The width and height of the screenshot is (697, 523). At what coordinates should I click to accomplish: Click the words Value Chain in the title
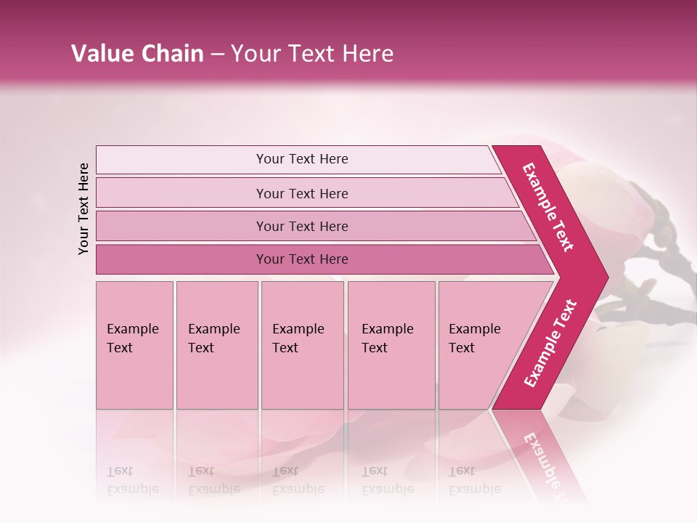coord(137,54)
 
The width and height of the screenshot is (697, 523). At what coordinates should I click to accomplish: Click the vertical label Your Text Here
coord(83,208)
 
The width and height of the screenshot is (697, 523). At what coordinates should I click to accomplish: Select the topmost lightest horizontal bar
coord(182,160)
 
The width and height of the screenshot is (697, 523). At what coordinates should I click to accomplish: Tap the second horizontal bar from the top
coord(182,193)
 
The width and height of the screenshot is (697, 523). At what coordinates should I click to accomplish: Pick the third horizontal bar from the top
coord(182,226)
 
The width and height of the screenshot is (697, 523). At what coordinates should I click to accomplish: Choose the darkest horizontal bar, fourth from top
coord(182,259)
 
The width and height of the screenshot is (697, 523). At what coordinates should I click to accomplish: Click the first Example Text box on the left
coord(134,345)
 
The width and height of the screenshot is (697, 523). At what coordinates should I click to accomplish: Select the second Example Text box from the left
coord(216,345)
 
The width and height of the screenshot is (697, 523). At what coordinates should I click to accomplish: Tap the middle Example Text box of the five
coord(302,345)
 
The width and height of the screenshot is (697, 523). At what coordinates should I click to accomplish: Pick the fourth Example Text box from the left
coord(391,345)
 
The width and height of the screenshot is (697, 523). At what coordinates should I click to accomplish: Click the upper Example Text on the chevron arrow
coord(548,207)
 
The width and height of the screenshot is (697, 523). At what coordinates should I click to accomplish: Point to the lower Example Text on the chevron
coord(550,344)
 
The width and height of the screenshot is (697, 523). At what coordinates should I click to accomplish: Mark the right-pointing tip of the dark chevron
coord(606,277)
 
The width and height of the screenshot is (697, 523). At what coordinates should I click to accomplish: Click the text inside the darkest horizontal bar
coord(302,259)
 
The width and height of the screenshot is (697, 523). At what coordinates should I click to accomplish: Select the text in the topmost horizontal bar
coord(302,159)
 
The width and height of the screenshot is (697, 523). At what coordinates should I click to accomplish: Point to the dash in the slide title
coord(217,54)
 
